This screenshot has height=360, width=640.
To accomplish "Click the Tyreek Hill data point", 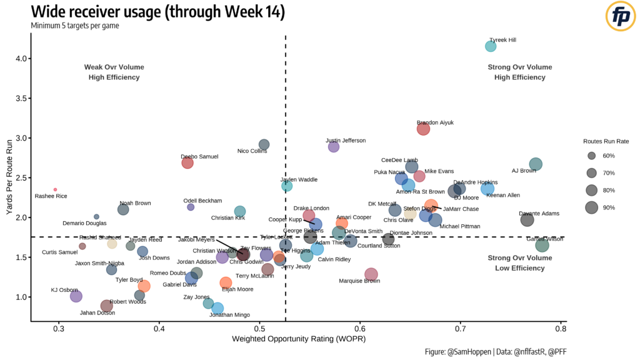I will (x=491, y=46).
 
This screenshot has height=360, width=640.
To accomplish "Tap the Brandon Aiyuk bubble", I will (x=423, y=129).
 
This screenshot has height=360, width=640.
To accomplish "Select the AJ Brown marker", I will (x=536, y=164).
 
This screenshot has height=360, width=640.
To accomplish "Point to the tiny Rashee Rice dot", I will (x=55, y=189).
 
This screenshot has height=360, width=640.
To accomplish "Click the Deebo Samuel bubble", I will (x=187, y=162).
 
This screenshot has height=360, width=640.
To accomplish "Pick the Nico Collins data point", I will (x=264, y=144).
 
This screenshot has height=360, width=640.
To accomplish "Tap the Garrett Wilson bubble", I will (x=542, y=246).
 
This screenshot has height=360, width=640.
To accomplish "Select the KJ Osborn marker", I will (x=76, y=296).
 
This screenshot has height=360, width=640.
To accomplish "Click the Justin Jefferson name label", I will (x=346, y=141).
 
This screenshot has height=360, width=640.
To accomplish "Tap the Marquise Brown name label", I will (x=358, y=281).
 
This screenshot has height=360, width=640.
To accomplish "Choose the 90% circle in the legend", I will (x=591, y=207).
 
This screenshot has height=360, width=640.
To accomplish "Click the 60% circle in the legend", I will (x=591, y=156).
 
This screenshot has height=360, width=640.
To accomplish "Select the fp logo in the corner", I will (x=621, y=17).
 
